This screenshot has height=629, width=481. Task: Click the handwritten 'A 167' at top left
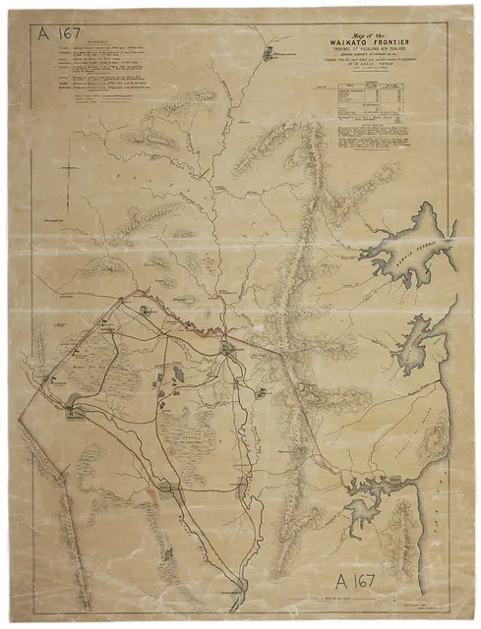57,31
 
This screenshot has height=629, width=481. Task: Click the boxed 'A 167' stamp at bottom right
366,577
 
